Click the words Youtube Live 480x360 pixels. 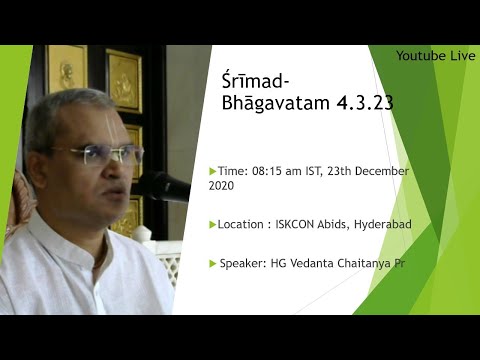(435, 55)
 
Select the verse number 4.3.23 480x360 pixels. (337, 103)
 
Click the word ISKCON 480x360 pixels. (298, 225)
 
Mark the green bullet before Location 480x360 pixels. (212, 225)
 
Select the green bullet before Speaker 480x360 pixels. (212, 263)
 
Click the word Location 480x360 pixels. (243, 225)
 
